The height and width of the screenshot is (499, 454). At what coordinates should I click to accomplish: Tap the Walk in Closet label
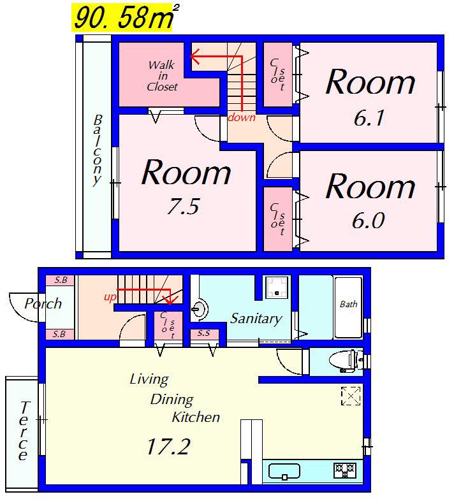pyautogui.click(x=162, y=76)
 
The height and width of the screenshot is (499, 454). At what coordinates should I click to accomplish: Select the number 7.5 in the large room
pyautogui.click(x=184, y=206)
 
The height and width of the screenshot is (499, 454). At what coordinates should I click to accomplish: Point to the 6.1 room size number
pyautogui.click(x=369, y=118)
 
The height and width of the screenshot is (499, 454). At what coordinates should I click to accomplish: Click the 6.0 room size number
pyautogui.click(x=369, y=221)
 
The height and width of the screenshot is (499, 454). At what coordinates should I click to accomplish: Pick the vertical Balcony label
pyautogui.click(x=98, y=150)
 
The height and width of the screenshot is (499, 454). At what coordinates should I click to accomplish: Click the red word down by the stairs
pyautogui.click(x=242, y=117)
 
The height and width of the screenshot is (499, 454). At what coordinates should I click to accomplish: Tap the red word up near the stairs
pyautogui.click(x=110, y=298)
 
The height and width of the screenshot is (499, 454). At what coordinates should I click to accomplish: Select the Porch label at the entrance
pyautogui.click(x=43, y=303)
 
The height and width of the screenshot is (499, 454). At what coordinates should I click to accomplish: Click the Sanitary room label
pyautogui.click(x=256, y=318)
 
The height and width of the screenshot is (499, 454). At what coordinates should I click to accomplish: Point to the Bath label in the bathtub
pyautogui.click(x=348, y=304)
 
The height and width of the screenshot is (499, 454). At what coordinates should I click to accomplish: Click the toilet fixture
pyautogui.click(x=346, y=361)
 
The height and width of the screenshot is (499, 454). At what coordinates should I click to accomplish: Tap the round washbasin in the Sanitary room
pyautogui.click(x=200, y=308)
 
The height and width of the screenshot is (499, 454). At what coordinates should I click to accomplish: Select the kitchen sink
pyautogui.click(x=284, y=472)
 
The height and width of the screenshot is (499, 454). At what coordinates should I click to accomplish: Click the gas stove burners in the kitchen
pyautogui.click(x=345, y=471)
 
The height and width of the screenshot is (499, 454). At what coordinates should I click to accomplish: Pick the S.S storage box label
pyautogui.click(x=204, y=333)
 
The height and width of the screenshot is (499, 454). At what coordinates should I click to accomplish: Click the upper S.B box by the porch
pyautogui.click(x=61, y=280)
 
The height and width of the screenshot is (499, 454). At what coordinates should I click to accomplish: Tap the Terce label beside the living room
pyautogui.click(x=23, y=431)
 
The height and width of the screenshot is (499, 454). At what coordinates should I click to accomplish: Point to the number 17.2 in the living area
pyautogui.click(x=169, y=446)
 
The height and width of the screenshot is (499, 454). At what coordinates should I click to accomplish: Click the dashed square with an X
pyautogui.click(x=351, y=396)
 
